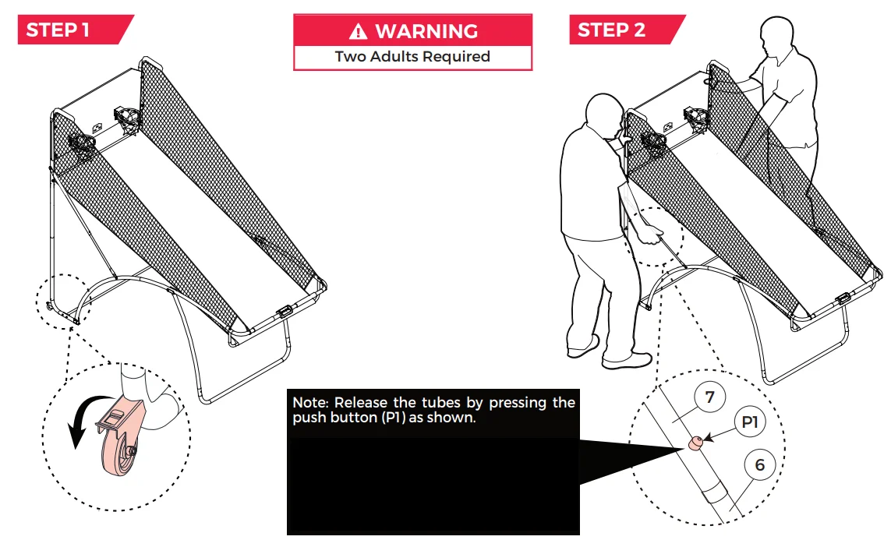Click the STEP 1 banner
[75, 30]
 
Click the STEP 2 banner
[627, 30]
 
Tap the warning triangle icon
[358, 31]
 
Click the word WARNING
[426, 31]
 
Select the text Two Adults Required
[412, 57]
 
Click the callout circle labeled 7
[709, 397]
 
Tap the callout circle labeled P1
[750, 422]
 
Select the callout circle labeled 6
[760, 464]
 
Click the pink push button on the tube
[695, 443]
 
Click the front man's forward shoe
[627, 360]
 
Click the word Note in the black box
[309, 403]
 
